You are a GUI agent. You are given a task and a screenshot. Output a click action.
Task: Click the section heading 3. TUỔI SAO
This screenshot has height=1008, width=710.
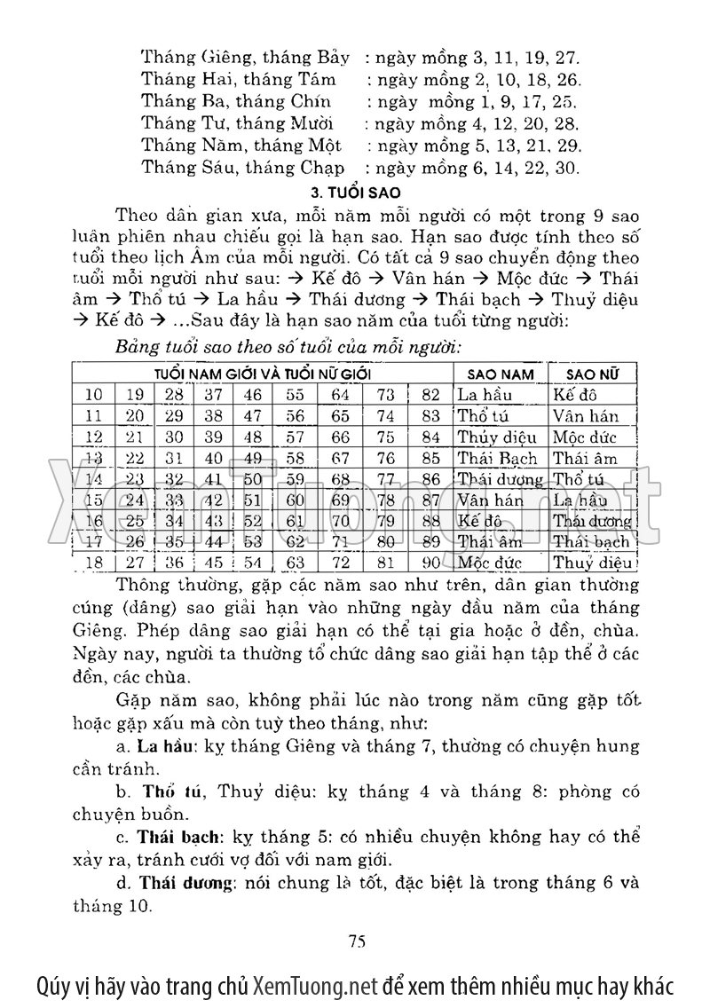353,191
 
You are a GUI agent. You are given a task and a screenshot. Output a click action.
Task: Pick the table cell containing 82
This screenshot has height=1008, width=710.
431,395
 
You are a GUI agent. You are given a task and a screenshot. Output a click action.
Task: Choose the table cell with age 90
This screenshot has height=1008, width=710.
431,563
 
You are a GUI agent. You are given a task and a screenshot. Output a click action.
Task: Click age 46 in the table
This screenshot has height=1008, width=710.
253,395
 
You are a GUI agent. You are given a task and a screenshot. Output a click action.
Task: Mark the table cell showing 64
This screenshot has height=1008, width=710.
341,395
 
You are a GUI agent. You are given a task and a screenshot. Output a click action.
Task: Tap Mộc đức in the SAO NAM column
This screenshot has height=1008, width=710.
489,563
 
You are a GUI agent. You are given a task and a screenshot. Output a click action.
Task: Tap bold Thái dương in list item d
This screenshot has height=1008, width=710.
183,883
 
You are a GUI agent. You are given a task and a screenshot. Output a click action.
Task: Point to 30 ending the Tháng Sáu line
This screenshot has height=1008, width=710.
566,166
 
